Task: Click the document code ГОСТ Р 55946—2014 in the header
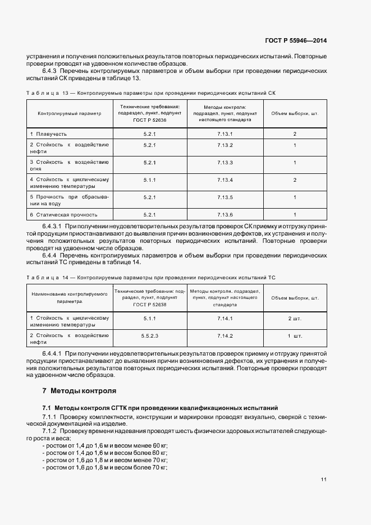(x=295, y=40)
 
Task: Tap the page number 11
(x=324, y=480)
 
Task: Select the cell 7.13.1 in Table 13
(x=225, y=133)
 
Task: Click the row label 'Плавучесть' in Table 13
(x=48, y=133)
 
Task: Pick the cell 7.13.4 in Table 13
(x=225, y=180)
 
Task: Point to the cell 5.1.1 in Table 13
(x=149, y=180)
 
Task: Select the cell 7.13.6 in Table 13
(x=225, y=214)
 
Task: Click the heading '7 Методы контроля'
(x=79, y=390)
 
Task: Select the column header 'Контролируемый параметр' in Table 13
(x=70, y=113)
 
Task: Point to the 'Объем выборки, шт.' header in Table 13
(x=295, y=113)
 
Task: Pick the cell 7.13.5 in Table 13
(x=225, y=197)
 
